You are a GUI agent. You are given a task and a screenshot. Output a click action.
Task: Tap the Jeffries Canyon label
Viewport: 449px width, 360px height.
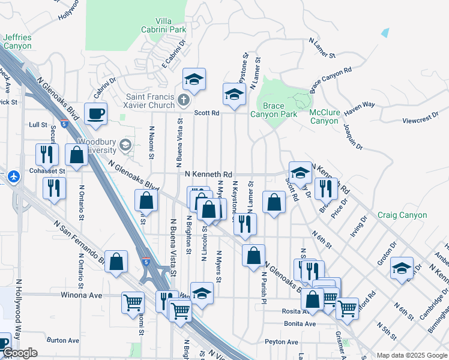tap(17, 41)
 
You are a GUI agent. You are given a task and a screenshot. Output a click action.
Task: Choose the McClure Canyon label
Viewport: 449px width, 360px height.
tap(324, 116)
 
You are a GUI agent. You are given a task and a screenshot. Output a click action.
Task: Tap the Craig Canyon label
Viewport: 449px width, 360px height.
tap(402, 215)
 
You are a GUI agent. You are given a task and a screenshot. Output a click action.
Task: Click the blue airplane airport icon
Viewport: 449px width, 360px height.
tap(14, 176)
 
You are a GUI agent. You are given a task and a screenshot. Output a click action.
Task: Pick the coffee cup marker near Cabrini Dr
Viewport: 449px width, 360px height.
tap(95, 113)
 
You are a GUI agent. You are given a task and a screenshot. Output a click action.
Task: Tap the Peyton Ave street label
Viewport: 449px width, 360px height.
tap(282, 342)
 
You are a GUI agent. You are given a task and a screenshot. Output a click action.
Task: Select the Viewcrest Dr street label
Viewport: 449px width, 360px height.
tap(417, 120)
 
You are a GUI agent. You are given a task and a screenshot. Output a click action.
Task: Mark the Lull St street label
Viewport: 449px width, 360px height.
tap(38, 125)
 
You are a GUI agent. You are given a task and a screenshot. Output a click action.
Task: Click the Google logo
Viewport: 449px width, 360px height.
tap(20, 353)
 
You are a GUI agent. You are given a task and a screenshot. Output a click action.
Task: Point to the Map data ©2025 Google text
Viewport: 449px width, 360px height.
tap(411, 355)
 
